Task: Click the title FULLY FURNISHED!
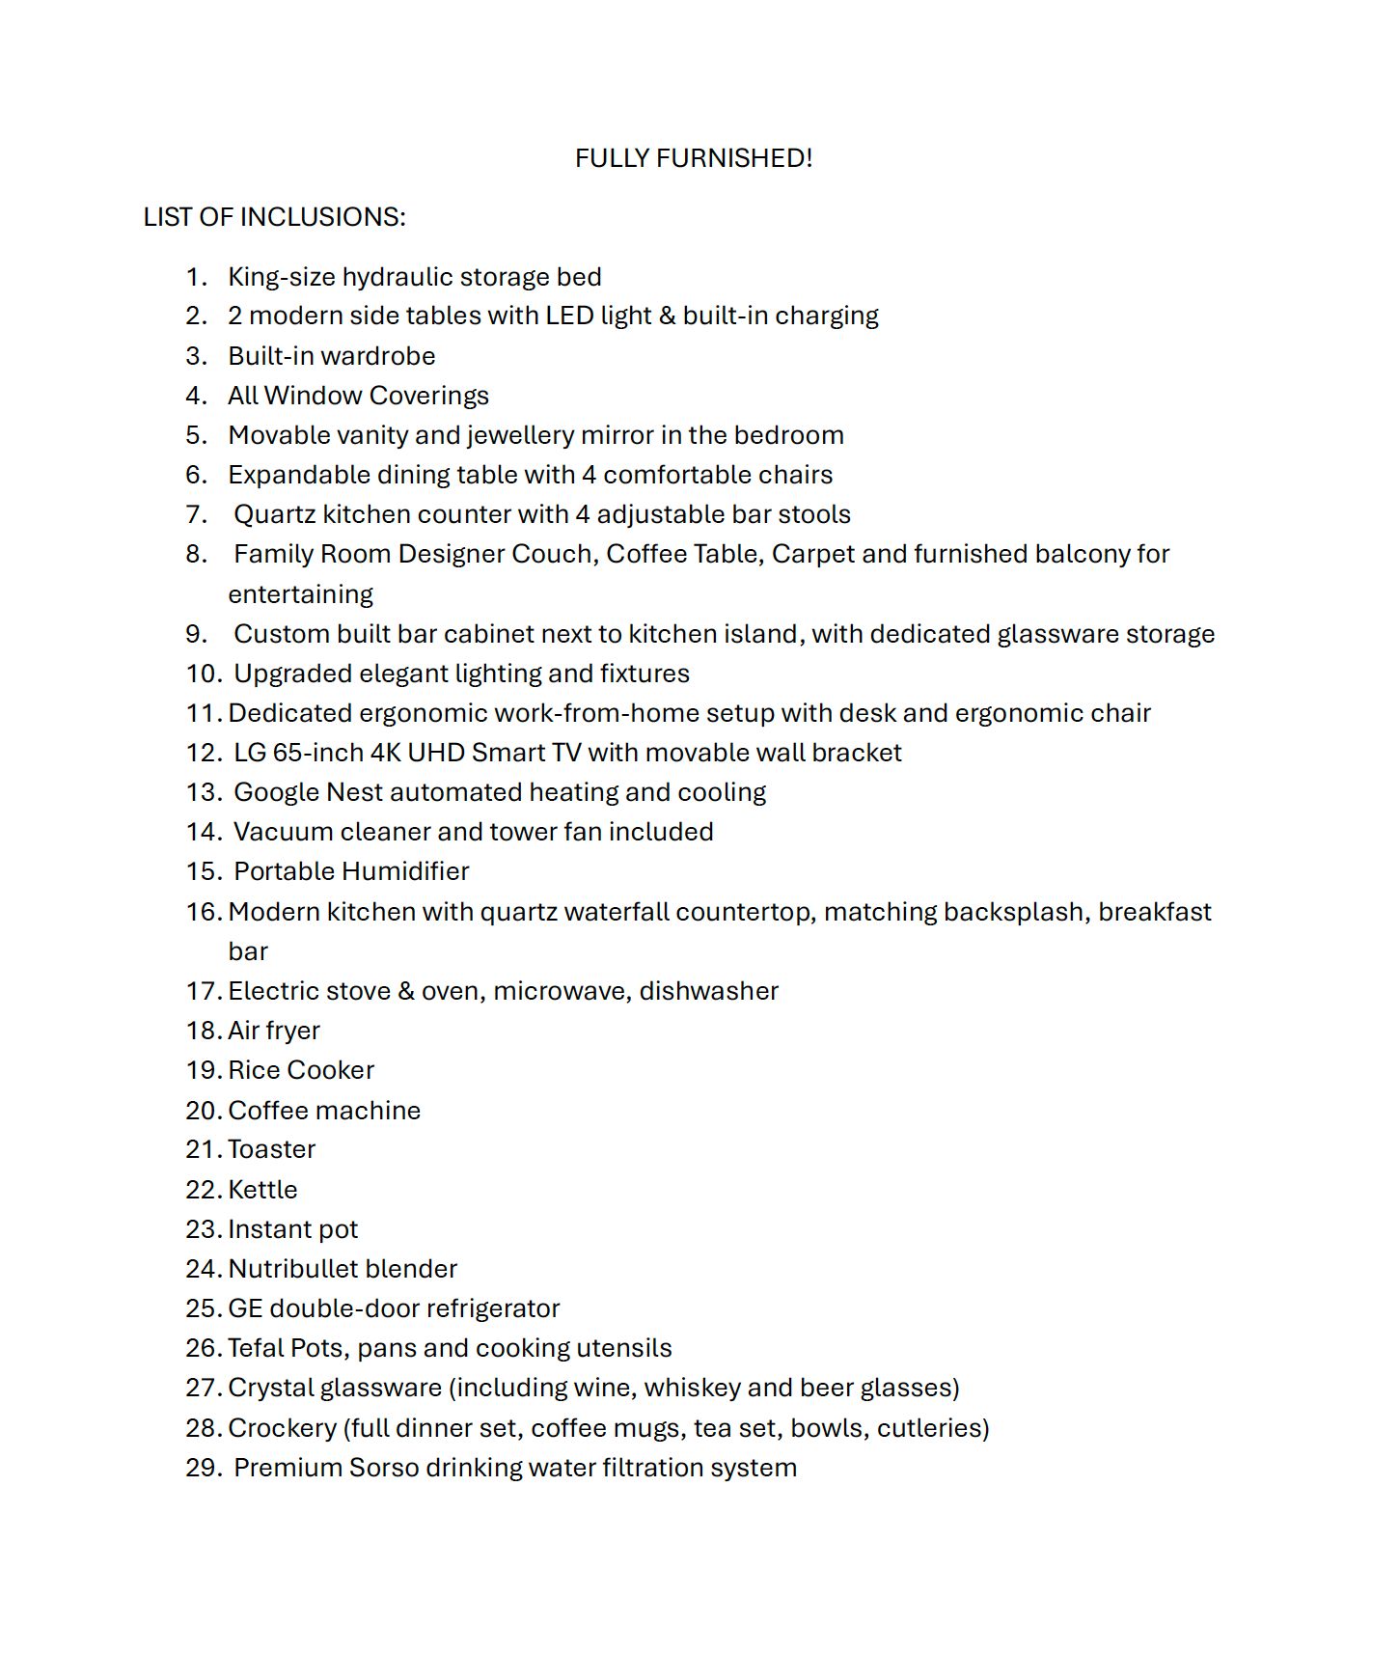click(x=694, y=158)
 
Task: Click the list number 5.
click(x=196, y=435)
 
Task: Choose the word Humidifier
click(x=410, y=871)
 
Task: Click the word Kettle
click(x=262, y=1190)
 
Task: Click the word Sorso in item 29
click(x=383, y=1468)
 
